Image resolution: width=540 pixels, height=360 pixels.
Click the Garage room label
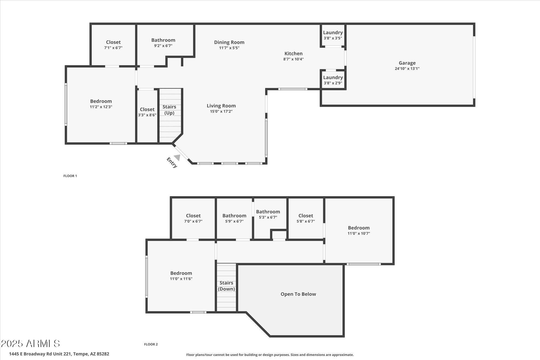pos(407,63)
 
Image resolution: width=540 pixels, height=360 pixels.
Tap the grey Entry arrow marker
pos(177,157)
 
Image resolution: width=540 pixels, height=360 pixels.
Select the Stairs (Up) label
pos(169,110)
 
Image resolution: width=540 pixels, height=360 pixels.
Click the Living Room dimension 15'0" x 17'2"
pos(221,111)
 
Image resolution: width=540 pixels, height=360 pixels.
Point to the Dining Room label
pos(229,42)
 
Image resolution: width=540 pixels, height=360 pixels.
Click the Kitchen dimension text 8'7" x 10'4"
pos(293,59)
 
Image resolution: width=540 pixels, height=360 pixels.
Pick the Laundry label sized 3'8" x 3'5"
pos(333,33)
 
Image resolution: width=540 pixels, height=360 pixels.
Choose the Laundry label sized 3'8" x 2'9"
pos(333,78)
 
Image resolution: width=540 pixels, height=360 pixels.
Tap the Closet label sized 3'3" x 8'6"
pos(147,109)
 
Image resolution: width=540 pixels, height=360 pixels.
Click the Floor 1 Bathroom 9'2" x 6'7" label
pos(163,40)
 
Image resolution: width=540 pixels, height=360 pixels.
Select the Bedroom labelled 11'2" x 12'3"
pos(101,101)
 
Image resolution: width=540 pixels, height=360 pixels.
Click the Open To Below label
pos(298,294)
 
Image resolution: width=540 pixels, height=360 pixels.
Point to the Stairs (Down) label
pos(226,286)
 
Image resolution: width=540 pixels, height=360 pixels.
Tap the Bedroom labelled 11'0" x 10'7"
pos(359,228)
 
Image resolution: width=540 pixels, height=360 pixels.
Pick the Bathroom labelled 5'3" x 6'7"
pos(268,212)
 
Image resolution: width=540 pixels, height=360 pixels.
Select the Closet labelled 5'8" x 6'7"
pos(306,216)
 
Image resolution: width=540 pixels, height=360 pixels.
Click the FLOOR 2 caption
pos(151,344)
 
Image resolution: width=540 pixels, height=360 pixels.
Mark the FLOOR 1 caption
pos(70,176)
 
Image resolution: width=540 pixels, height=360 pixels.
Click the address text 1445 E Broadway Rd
pos(59,354)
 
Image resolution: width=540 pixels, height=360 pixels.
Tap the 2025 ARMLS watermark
pos(30,344)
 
